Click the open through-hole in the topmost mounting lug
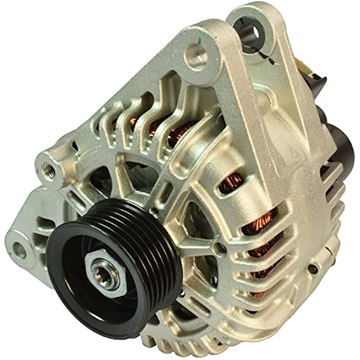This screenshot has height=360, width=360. [248, 32]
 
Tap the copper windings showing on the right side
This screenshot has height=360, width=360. [265, 222]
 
